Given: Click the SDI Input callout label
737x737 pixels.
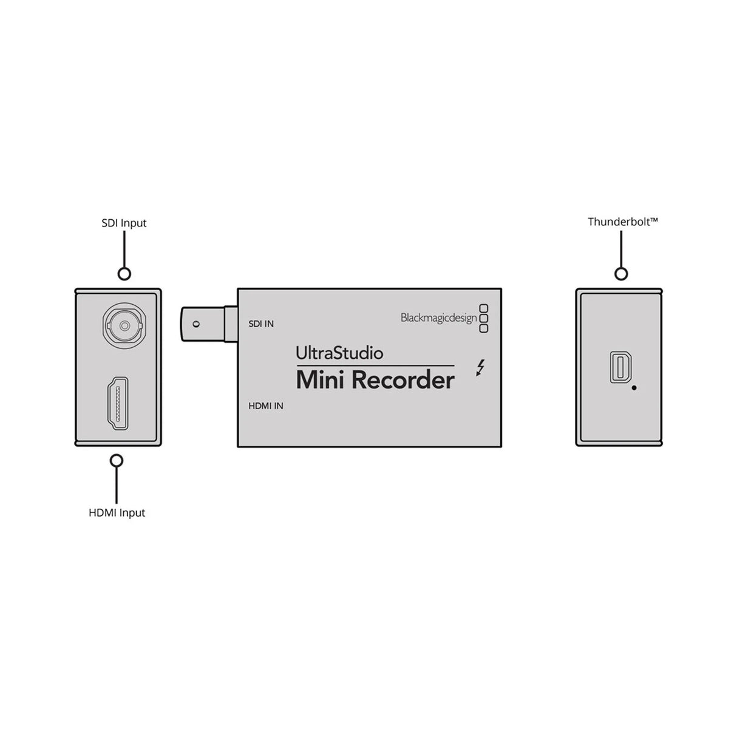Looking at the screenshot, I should (124, 223).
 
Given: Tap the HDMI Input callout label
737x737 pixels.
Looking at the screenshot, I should (117, 512).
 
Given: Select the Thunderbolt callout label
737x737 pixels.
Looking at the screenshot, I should (622, 222).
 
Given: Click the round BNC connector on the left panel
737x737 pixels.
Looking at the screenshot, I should (123, 325).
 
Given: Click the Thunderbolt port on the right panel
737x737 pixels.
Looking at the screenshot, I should (619, 368).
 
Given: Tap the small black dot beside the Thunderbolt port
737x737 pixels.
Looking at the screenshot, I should (634, 387).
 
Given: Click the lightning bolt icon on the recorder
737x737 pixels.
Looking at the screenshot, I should (481, 368).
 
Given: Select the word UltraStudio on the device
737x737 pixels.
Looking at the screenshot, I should (339, 352).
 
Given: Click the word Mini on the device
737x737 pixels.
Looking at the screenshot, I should (321, 380).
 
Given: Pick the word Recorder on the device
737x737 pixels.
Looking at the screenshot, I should (403, 380).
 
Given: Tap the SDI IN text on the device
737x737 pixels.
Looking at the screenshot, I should (261, 324).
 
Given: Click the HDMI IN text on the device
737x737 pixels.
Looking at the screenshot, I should (265, 406).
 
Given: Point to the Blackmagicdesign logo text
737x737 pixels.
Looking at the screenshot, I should (438, 318).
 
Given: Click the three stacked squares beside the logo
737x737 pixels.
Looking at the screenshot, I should (484, 318).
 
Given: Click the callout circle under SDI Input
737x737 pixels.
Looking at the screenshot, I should (124, 274).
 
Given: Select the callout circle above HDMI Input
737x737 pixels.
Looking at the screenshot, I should (117, 461).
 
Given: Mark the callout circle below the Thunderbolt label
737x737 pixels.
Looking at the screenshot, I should (620, 274).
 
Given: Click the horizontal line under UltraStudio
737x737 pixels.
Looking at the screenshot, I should (375, 365).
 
